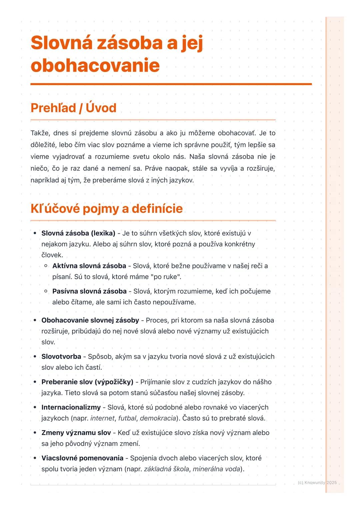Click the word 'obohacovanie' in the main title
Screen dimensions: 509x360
(95, 65)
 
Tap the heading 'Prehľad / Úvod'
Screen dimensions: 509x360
(73, 108)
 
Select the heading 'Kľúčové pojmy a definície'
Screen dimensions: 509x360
(107, 209)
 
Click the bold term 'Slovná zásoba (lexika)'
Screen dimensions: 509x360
(78, 233)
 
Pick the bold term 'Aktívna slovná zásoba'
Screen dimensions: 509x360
(89, 266)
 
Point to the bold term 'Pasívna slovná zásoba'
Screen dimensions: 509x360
(89, 291)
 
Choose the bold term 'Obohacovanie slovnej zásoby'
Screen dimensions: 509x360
(90, 320)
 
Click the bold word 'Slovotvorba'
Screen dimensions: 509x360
(61, 356)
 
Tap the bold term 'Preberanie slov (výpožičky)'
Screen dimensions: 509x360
(87, 382)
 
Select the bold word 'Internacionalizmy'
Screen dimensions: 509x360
(71, 407)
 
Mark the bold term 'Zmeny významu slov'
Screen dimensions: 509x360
(76, 433)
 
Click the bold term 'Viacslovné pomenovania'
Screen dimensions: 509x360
(82, 458)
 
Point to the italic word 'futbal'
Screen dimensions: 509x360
(127, 418)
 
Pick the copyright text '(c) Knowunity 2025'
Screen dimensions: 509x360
(317, 482)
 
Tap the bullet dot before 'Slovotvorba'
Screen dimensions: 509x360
(35, 356)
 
